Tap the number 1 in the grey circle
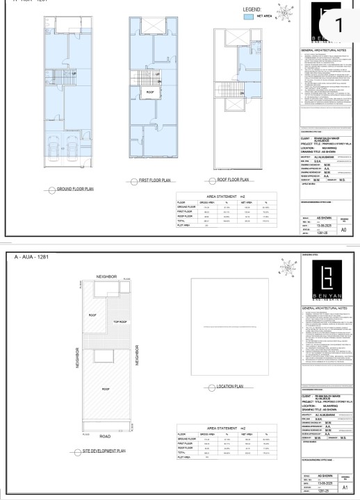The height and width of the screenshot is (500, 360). (x=338, y=26)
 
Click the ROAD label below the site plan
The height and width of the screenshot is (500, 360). (x=106, y=436)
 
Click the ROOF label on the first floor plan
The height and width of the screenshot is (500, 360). (x=149, y=91)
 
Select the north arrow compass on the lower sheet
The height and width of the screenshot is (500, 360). (x=285, y=267)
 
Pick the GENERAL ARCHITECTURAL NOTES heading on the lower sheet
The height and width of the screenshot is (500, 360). (x=325, y=306)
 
